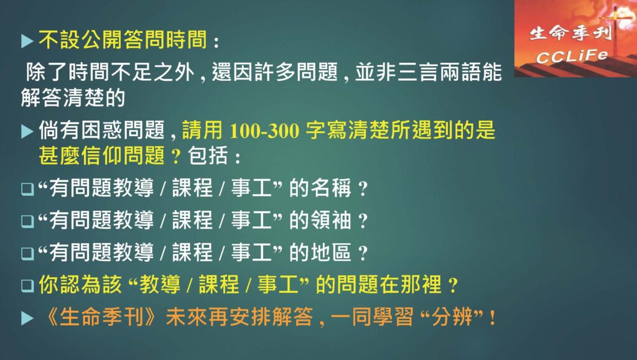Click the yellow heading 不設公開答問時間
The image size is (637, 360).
[x=123, y=40]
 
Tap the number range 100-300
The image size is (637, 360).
[x=264, y=131]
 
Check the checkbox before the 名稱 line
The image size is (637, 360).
[x=27, y=189]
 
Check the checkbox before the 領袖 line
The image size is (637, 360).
[x=27, y=221]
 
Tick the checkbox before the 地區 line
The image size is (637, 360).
[x=27, y=253]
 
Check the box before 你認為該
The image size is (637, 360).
[x=27, y=285]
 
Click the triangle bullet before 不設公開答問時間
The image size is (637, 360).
[x=27, y=41]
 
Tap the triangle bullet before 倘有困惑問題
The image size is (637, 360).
[x=27, y=131]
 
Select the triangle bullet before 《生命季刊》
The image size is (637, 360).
[x=27, y=318]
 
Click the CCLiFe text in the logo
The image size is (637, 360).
[x=572, y=57]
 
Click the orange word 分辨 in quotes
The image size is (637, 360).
[x=452, y=316]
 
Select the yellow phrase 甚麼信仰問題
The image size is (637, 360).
[x=101, y=155]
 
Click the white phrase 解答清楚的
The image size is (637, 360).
[x=73, y=98]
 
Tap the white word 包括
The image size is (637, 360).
[x=208, y=155]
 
